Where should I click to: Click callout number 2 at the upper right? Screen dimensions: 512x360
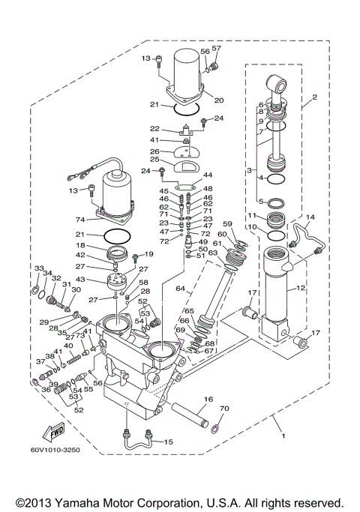315,97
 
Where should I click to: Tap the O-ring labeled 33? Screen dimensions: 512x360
34,284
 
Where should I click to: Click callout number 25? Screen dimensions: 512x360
153,160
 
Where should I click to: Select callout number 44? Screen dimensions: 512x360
208,174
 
